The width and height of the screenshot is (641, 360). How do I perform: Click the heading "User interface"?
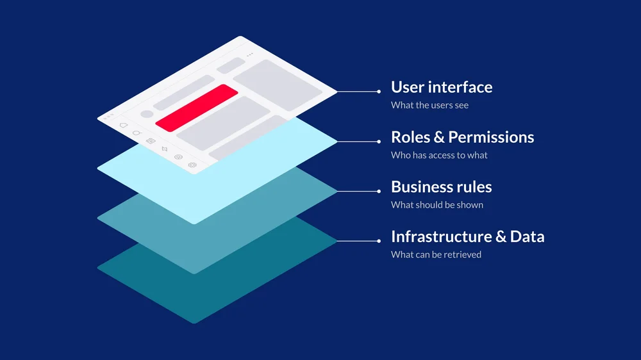tap(442, 88)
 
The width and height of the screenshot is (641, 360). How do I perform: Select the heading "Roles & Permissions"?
tap(462, 137)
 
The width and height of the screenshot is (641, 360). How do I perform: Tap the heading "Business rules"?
tap(441, 187)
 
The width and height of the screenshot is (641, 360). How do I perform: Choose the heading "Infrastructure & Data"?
tap(467, 236)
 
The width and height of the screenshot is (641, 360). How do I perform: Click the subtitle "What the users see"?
tap(429, 105)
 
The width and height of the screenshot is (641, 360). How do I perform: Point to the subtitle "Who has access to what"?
tap(439, 155)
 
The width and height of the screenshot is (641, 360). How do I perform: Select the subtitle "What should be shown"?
tap(437, 205)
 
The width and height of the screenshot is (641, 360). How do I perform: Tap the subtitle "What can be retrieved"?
tap(436, 254)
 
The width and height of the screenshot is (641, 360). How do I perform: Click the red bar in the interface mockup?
tap(197, 108)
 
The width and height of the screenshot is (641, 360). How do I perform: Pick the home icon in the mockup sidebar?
tap(124, 125)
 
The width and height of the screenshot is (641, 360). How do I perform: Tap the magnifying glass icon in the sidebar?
tap(137, 133)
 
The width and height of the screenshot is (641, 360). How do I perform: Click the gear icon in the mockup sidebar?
tap(192, 165)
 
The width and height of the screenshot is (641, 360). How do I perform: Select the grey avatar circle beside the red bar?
tap(147, 114)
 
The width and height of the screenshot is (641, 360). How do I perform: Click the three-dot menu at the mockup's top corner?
tap(249, 54)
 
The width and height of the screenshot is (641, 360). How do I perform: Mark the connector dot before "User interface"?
tap(379, 92)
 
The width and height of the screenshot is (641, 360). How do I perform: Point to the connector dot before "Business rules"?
tap(379, 191)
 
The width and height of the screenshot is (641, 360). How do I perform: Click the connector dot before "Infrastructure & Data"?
tap(379, 241)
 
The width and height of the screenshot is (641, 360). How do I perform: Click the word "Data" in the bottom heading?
tap(527, 236)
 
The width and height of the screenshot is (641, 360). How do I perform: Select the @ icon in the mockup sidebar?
tap(178, 157)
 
